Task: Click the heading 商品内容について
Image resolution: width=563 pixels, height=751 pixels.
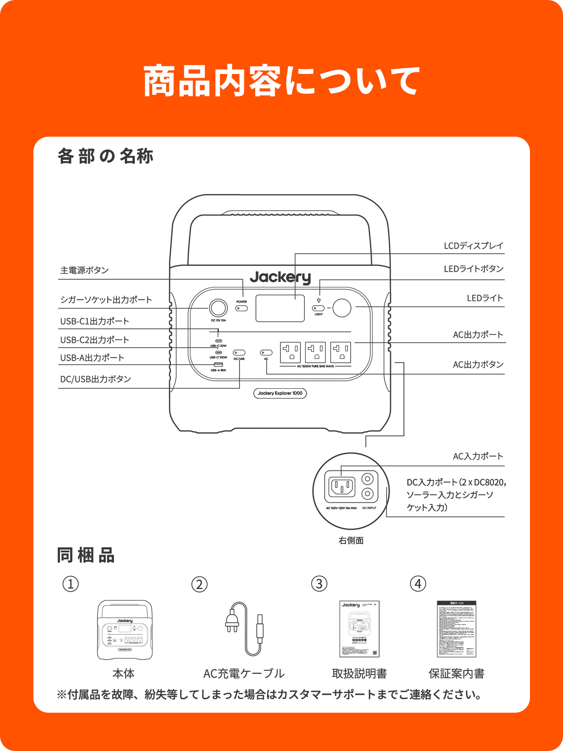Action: pyautogui.click(x=281, y=81)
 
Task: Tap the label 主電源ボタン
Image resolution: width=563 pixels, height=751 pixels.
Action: pyautogui.click(x=84, y=270)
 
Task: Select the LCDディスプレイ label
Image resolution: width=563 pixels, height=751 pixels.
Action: pyautogui.click(x=473, y=246)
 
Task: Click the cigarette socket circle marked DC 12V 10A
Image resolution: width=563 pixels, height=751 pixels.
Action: pyautogui.click(x=218, y=308)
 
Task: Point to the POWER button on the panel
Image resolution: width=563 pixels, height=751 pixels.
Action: pyautogui.click(x=241, y=308)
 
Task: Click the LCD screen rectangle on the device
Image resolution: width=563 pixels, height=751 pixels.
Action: pyautogui.click(x=280, y=308)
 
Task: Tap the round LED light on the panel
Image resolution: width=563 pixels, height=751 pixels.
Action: pyautogui.click(x=342, y=308)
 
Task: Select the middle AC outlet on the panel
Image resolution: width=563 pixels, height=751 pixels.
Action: pyautogui.click(x=315, y=352)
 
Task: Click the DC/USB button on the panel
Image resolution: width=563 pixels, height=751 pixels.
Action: pyautogui.click(x=239, y=353)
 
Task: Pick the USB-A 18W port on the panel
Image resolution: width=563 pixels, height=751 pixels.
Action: pyautogui.click(x=218, y=365)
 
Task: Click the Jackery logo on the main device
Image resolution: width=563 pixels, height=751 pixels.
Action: pyautogui.click(x=280, y=277)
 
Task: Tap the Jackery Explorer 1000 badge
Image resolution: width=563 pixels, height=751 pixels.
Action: pyautogui.click(x=280, y=393)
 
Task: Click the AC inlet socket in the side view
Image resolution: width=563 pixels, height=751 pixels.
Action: pyautogui.click(x=342, y=487)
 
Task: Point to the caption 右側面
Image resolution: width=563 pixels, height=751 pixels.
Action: pyautogui.click(x=351, y=540)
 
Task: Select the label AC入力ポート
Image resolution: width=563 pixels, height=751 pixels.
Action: pyautogui.click(x=478, y=456)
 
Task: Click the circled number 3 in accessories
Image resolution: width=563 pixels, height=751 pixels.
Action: pyautogui.click(x=319, y=584)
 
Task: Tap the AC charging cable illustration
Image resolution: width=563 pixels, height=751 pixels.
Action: pyautogui.click(x=244, y=629)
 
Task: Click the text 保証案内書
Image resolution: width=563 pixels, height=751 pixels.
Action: pyautogui.click(x=456, y=674)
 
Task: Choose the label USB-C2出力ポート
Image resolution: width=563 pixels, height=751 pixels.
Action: pyautogui.click(x=95, y=340)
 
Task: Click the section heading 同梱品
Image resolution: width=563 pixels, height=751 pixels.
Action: pyautogui.click(x=86, y=555)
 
